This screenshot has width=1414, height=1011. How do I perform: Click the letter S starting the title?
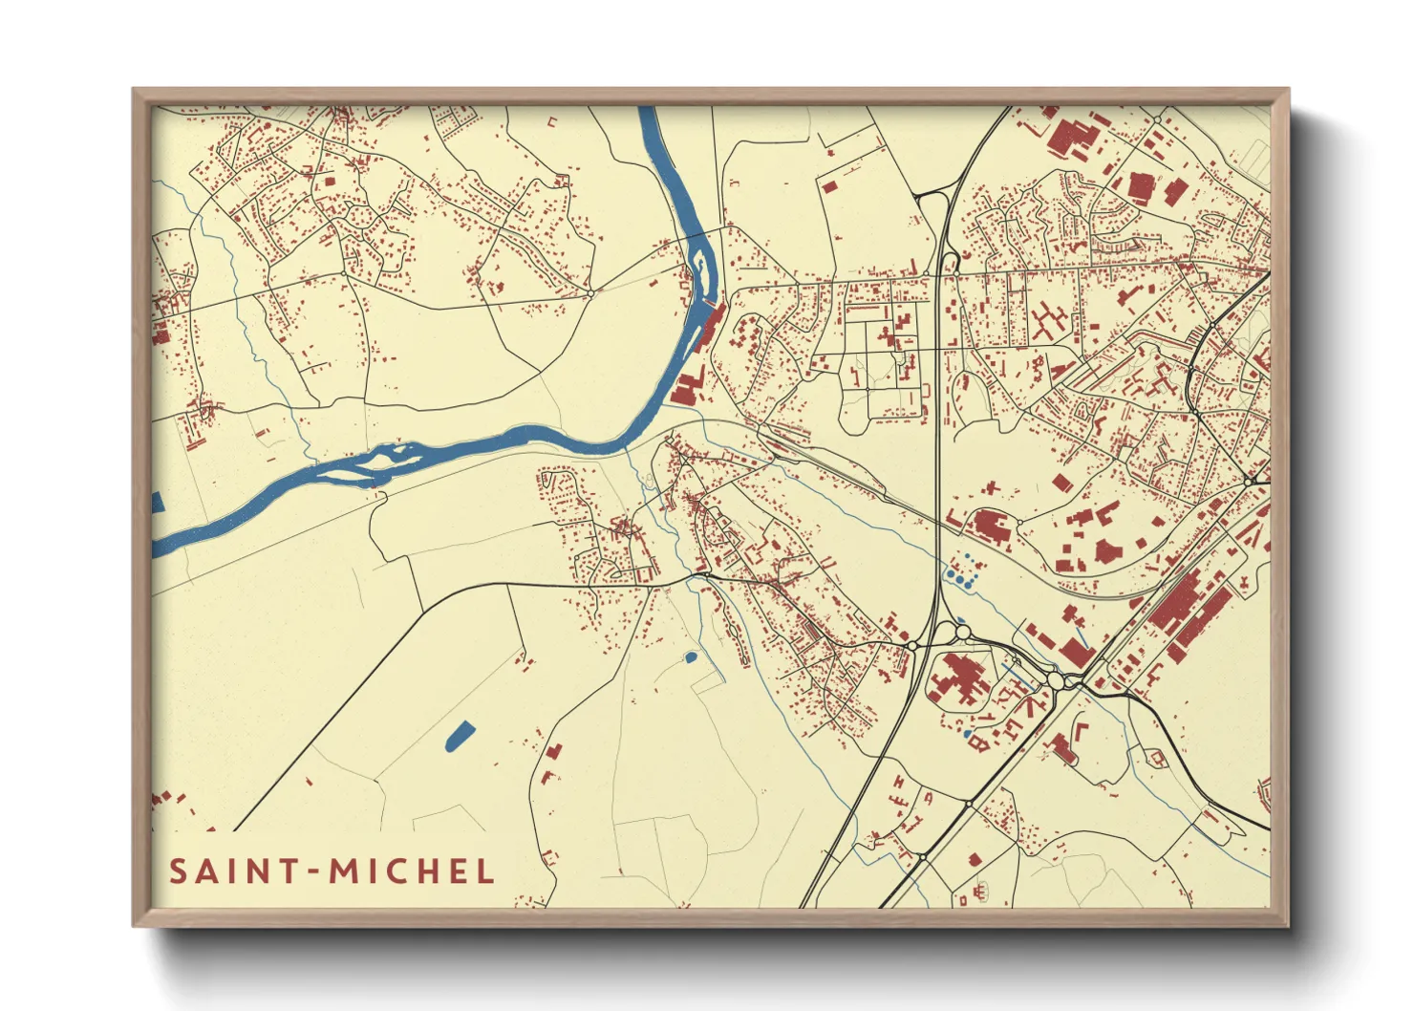pyautogui.click(x=178, y=871)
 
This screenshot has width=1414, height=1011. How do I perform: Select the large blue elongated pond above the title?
pyautogui.click(x=460, y=735)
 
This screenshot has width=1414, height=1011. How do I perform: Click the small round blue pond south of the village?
pyautogui.click(x=690, y=657)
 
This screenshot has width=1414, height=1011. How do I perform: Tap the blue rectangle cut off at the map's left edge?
pyautogui.click(x=158, y=503)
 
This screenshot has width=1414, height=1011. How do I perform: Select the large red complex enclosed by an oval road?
pyautogui.click(x=958, y=679)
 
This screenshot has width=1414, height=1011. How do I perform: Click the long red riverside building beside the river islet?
pyautogui.click(x=709, y=326)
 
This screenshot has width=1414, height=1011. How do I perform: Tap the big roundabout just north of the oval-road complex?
pyautogui.click(x=960, y=632)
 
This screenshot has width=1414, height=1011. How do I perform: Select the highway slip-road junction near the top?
pyautogui.click(x=933, y=197)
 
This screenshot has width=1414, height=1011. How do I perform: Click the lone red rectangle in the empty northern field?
pyautogui.click(x=829, y=185)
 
